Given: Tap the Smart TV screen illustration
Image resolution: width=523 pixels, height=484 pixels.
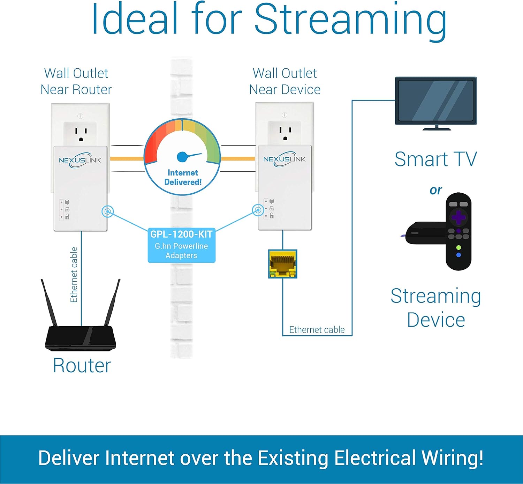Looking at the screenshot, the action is point(436,101).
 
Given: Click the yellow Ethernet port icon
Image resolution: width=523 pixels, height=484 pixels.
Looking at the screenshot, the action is point(282,264).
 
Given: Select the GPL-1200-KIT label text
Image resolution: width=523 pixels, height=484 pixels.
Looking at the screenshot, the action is point(181,234).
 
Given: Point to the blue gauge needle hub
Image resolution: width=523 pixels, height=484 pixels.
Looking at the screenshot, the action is point(182,157).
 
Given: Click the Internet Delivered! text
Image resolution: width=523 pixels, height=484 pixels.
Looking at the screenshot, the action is point(183,177).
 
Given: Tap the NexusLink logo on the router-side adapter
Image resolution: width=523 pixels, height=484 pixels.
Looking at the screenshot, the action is point(80,160).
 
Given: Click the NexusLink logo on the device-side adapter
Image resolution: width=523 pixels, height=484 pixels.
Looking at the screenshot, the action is point(285,159).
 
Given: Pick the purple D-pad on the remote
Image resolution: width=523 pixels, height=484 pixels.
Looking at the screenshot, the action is point(458,217).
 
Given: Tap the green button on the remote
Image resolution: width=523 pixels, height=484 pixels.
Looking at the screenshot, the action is point(458,247).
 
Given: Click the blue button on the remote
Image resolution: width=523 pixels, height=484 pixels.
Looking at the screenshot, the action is point(458,255).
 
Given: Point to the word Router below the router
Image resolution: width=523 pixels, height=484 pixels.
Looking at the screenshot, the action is point(82,366).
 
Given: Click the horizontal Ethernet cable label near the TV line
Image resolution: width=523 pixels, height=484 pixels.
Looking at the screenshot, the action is point(317,329).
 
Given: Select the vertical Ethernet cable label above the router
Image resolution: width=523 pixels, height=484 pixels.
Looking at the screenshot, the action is point(74,275).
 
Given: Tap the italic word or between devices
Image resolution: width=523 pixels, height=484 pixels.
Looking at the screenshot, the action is point(435,190).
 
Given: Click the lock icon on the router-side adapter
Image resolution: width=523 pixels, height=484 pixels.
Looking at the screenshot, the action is point(67,217).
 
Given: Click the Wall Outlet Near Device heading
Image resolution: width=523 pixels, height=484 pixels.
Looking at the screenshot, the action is point(285,81).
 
